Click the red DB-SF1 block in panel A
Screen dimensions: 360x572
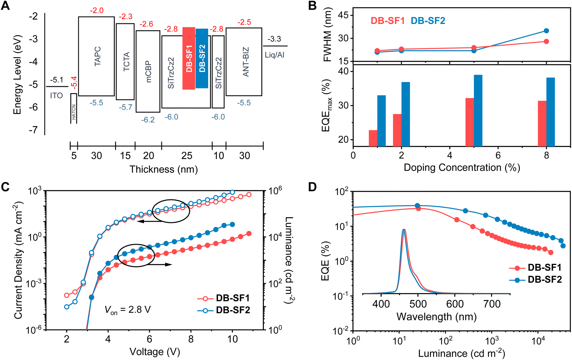189,58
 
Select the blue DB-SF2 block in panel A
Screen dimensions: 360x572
202,58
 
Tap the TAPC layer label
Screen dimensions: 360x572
97,56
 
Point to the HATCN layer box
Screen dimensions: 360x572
74,108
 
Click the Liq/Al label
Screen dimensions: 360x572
274,55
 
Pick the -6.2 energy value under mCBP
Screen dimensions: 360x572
148,120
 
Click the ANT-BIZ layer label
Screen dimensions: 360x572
245,62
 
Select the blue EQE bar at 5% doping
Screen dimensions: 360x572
478,110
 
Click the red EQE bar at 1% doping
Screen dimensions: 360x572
373,138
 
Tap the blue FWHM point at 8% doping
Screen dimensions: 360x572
546,31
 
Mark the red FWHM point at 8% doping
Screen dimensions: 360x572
546,41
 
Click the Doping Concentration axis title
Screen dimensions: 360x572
462,168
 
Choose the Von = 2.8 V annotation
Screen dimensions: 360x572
127,310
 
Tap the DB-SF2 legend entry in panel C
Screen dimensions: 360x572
224,310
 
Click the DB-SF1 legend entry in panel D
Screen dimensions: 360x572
536,268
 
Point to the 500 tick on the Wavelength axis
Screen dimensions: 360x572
418,303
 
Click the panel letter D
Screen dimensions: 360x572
312,187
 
